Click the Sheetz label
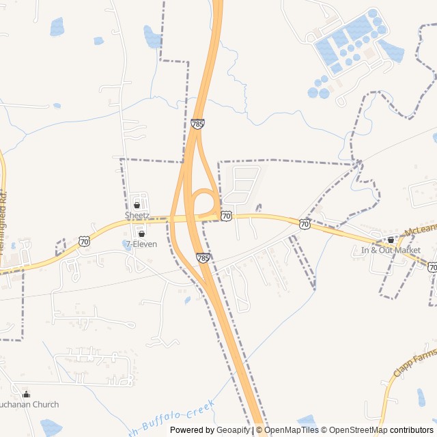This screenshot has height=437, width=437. click(x=137, y=214)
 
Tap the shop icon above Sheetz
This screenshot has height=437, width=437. click(x=137, y=205)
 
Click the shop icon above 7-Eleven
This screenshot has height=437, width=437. click(x=141, y=234)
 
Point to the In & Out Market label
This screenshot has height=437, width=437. click(x=391, y=250)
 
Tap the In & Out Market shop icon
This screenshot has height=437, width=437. click(x=391, y=240)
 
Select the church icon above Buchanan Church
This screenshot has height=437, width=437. click(x=27, y=395)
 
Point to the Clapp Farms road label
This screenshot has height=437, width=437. click(x=414, y=365)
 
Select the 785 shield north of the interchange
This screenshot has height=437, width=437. click(x=197, y=124)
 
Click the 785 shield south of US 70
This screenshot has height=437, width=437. click(x=203, y=257)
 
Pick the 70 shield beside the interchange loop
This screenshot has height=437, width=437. click(x=226, y=216)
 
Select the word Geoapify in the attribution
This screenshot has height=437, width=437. click(x=234, y=430)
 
